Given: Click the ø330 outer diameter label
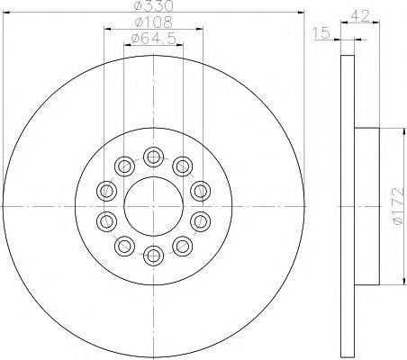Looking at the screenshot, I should tap(153, 7).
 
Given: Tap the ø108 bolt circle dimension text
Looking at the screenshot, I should tap(146, 22).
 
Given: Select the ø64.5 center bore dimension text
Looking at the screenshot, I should tap(147, 38).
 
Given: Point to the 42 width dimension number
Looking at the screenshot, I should tap(361, 15).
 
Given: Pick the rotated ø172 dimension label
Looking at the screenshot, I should tap(396, 205).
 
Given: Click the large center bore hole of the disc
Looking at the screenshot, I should tap(153, 206).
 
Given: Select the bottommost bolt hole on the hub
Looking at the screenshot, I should tap(153, 254).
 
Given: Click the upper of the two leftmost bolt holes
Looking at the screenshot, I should tap(107, 191).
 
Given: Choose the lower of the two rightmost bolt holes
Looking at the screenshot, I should tap(200, 220).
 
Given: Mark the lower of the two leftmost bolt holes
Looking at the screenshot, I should tap(107, 220).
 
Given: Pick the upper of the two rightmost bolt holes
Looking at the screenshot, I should tap(200, 191).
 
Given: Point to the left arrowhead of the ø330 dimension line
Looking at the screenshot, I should tap(6, 13).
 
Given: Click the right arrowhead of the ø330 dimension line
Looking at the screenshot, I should tap(300, 13).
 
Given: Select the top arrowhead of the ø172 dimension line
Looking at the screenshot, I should tap(389, 130).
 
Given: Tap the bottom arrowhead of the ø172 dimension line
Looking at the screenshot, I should tap(389, 282).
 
